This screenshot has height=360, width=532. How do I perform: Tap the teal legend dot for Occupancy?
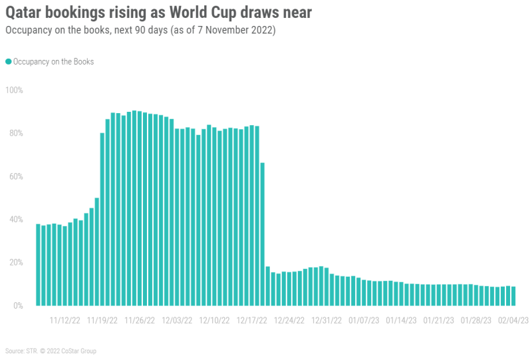pos(9,61)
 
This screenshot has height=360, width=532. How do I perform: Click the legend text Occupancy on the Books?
pos(53,61)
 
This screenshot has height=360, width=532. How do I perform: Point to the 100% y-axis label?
pos(14,90)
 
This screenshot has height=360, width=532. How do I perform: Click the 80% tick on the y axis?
pos(15,133)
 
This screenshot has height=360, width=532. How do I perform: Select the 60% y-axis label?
pos(15,176)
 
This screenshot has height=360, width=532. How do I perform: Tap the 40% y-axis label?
pos(15,220)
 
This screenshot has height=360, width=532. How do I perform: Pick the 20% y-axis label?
pos(15,262)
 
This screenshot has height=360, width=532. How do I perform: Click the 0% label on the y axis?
pos(17,305)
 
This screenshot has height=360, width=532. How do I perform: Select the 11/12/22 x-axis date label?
pos(66,320)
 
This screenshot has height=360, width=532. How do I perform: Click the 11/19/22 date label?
pos(103,320)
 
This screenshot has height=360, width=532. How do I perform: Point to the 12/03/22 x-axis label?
pos(178,320)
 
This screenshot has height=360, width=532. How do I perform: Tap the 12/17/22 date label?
pos(251,320)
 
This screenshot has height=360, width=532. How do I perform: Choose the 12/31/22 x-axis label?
pos(326,320)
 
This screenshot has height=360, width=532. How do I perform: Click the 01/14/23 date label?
pos(400,320)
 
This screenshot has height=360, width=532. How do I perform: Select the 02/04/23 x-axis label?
pos(513,320)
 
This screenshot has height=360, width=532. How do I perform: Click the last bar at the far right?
pos(513,296)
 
